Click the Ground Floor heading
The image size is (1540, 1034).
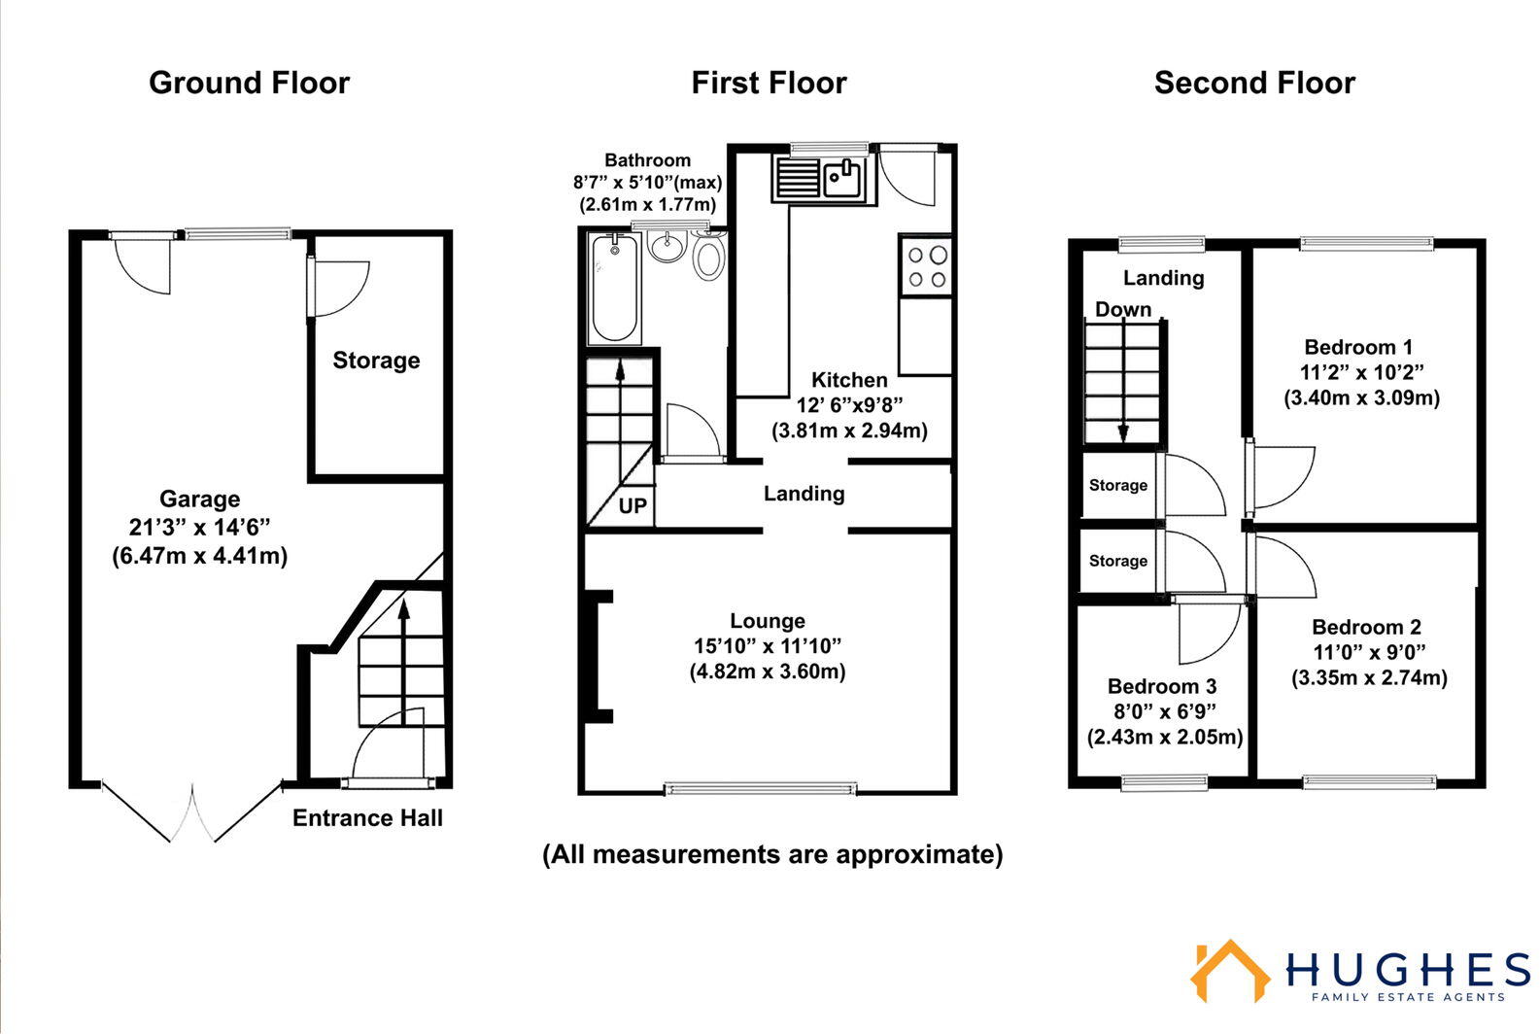[249, 84]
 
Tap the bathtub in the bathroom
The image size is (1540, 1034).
[615, 288]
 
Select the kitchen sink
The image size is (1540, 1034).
[842, 179]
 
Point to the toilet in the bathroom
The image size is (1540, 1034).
[708, 258]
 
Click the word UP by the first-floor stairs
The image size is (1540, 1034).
[632, 506]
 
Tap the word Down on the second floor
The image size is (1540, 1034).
[1123, 310]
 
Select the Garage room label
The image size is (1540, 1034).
[199, 500]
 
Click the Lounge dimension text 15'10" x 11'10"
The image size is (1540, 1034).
[767, 646]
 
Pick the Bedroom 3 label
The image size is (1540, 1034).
[1161, 687]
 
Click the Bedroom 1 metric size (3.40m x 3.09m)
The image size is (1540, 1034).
[1361, 398]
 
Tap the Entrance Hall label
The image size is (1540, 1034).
[367, 818]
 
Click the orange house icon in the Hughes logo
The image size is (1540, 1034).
[1229, 972]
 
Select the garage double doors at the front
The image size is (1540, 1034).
[191, 814]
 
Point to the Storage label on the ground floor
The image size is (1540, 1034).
[376, 361]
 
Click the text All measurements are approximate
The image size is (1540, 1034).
[771, 854]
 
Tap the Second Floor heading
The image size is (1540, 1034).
[1253, 84]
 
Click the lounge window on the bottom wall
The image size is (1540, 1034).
[760, 788]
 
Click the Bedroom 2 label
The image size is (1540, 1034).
[1366, 628]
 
